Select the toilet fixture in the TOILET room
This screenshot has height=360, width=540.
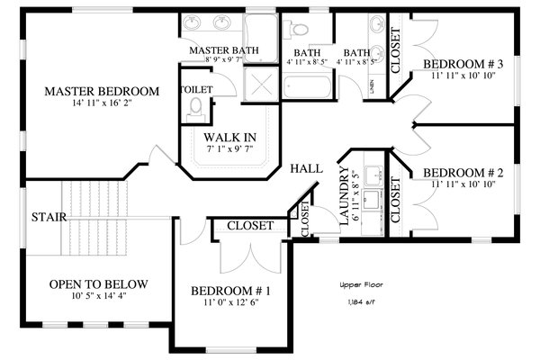tap(196, 110)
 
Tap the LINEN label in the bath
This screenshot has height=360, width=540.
tap(372, 86)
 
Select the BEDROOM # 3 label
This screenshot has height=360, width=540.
tap(462, 66)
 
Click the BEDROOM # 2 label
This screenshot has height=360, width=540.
tap(462, 172)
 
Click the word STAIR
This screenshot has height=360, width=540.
tap(48, 217)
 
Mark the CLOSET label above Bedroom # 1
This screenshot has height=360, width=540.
tap(249, 226)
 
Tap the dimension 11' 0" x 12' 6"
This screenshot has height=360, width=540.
tap(230, 304)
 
